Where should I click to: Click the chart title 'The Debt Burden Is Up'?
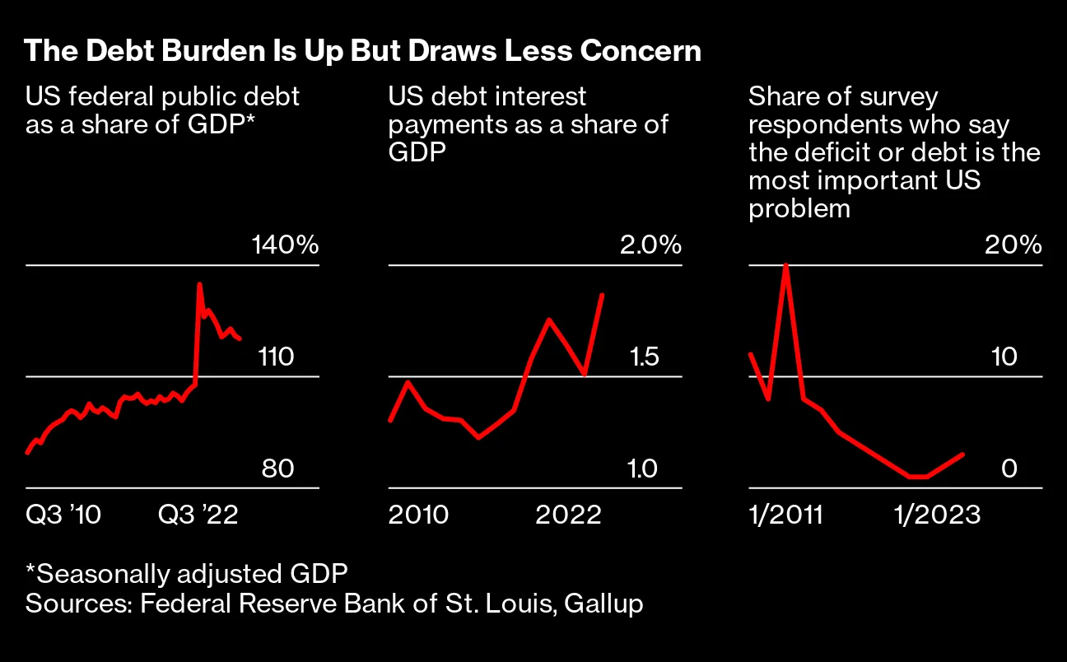(x=362, y=51)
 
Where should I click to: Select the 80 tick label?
(x=277, y=469)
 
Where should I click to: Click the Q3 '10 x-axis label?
(x=63, y=515)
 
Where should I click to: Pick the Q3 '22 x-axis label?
(x=198, y=515)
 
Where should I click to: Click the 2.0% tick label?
(x=650, y=245)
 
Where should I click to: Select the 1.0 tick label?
(x=643, y=469)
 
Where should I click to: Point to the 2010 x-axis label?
(x=418, y=515)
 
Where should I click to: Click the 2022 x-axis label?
(x=569, y=515)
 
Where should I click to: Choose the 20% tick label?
(x=1013, y=245)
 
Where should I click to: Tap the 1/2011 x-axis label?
(x=786, y=515)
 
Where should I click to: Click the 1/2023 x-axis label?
(x=937, y=515)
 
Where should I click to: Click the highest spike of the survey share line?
(x=786, y=265)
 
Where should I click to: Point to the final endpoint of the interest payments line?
(x=603, y=295)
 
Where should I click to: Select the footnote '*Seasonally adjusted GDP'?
(x=187, y=572)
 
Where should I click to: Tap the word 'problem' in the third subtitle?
(x=799, y=208)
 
